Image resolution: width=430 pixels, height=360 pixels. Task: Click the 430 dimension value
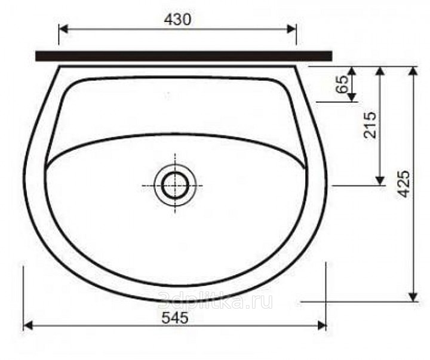[x=177, y=20]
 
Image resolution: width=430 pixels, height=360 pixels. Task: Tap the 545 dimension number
[x=174, y=318]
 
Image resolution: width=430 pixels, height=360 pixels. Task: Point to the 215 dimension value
[x=369, y=125]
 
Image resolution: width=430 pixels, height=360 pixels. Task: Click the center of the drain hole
[x=175, y=185]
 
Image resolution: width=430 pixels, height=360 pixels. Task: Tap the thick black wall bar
[x=184, y=56]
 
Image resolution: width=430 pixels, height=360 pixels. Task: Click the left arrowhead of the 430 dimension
[x=63, y=29]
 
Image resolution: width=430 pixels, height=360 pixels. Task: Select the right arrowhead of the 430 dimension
[x=291, y=29]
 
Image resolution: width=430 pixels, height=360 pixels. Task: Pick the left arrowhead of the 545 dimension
[x=28, y=326]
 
